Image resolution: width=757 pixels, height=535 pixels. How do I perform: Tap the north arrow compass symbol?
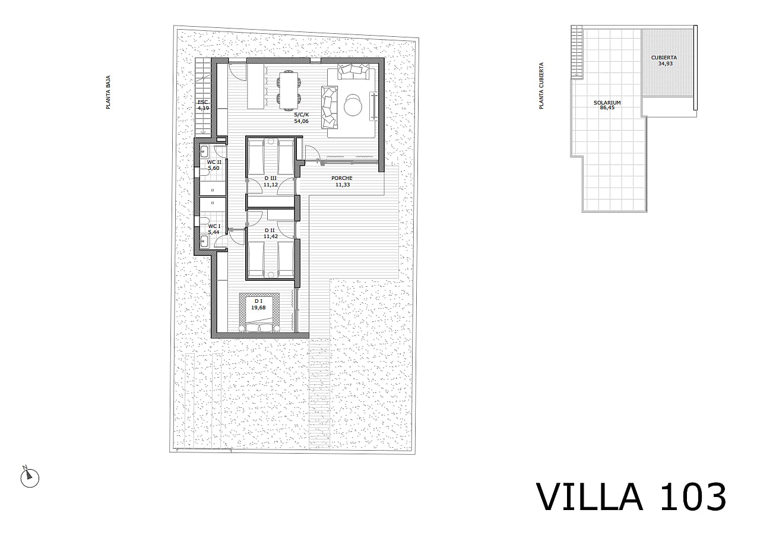coord(30,477)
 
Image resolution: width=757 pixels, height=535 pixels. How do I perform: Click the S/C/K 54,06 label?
coord(301,118)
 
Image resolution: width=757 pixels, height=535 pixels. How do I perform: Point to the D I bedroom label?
coord(258,304)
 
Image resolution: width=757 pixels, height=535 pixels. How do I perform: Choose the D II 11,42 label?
coord(270,233)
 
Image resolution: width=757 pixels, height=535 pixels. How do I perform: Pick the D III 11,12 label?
coord(270,181)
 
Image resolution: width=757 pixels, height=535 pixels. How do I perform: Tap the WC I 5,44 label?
coord(214,229)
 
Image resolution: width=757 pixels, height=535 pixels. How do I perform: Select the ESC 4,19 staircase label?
coord(203,105)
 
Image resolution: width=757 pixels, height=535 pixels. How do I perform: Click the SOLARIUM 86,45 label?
coord(607,105)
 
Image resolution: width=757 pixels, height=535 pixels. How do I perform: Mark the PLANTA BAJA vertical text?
coord(108,92)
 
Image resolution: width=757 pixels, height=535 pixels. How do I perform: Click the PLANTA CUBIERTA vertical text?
coord(541,86)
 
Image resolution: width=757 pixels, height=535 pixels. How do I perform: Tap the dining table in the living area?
coord(289,90)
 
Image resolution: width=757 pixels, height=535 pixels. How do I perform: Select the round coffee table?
coord(353,105)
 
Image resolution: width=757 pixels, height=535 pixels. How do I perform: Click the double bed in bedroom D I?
coord(259,312)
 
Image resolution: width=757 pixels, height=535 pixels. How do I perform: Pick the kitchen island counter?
coord(255,86)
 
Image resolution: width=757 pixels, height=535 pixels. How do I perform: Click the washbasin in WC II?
coord(204,151)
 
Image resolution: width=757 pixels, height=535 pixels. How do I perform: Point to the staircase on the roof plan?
coord(577,52)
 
